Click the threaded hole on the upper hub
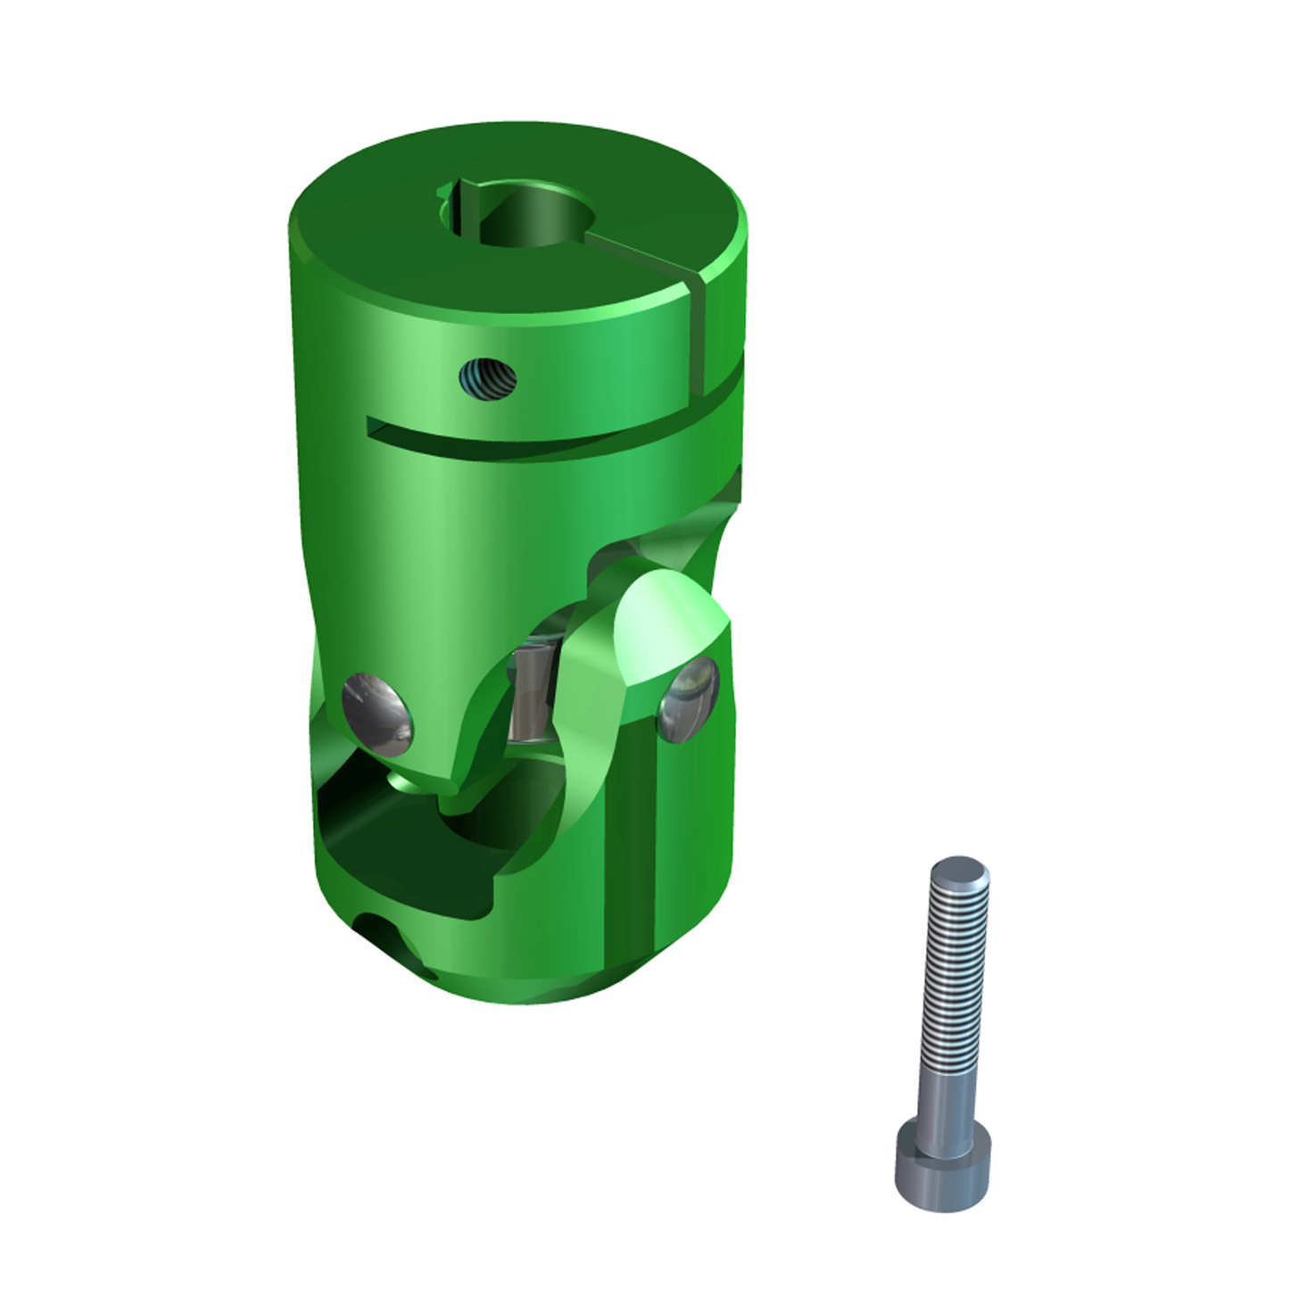pyautogui.click(x=488, y=380)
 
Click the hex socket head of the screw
pyautogui.click(x=940, y=1169)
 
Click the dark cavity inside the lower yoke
pyautogui.click(x=401, y=847)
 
